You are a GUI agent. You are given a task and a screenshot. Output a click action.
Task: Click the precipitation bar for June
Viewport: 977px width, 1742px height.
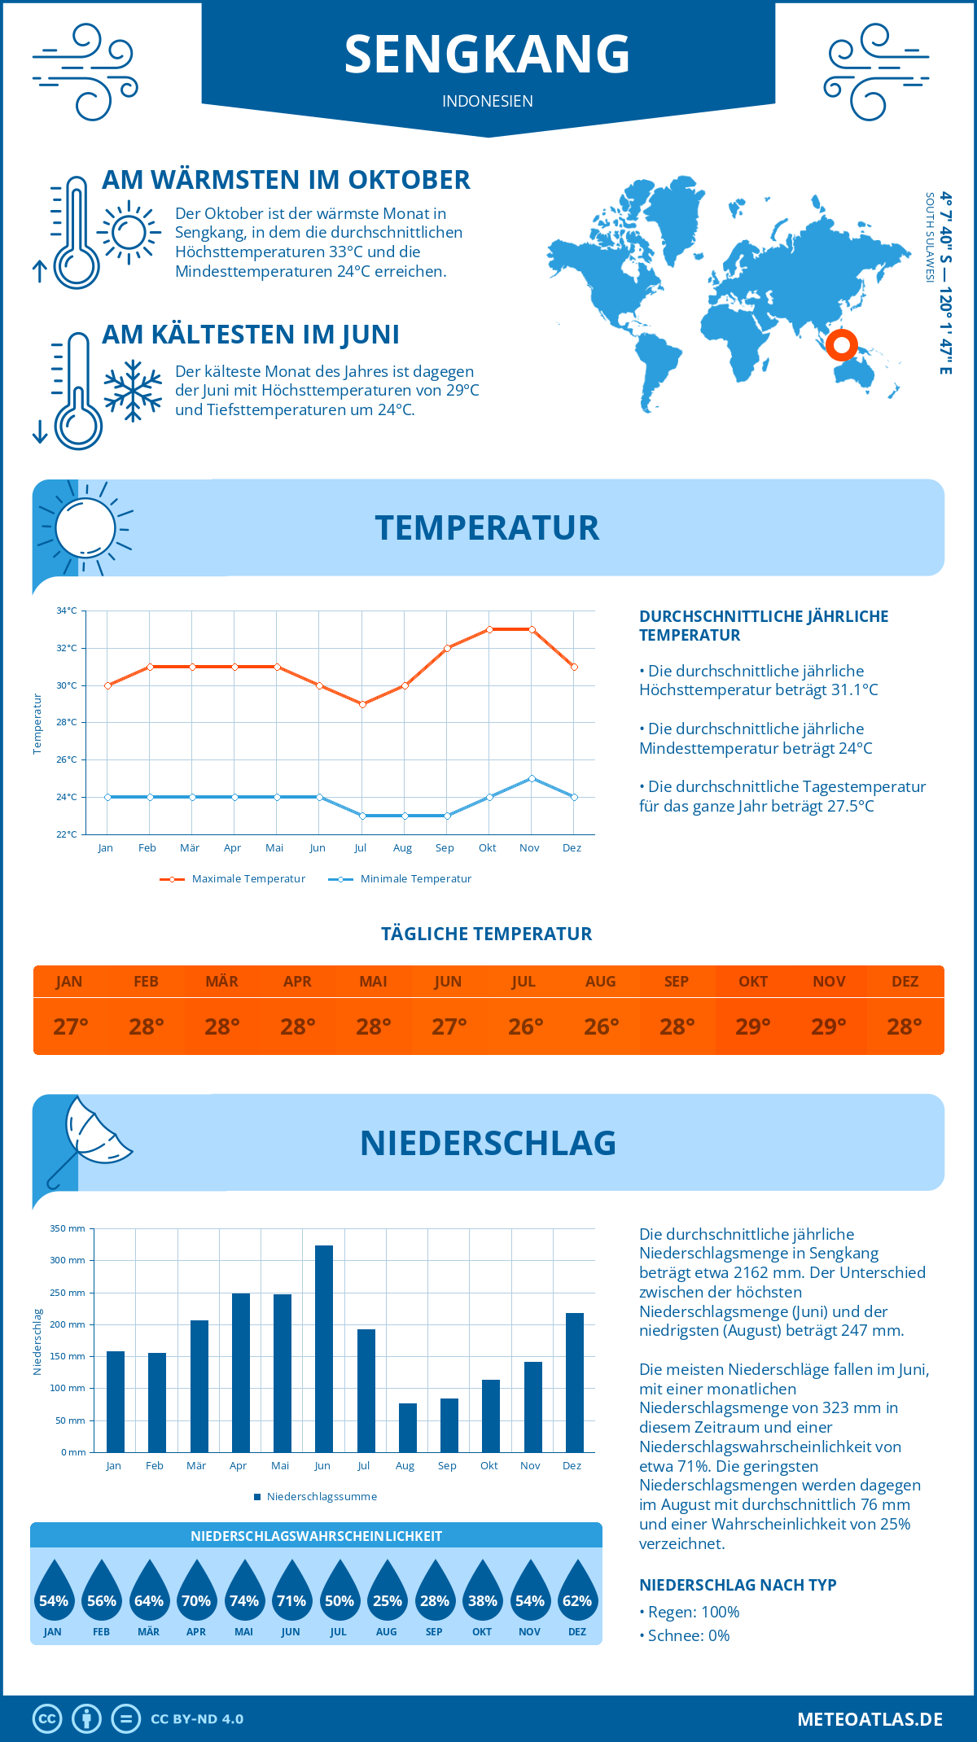323,1349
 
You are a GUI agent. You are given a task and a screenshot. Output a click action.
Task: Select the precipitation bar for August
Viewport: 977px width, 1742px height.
407,1428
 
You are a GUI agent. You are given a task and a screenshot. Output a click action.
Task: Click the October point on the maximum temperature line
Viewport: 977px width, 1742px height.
489,629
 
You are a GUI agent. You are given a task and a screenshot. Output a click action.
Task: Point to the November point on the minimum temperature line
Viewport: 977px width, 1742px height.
532,778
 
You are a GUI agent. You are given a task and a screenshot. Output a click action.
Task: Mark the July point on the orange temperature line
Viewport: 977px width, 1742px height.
362,704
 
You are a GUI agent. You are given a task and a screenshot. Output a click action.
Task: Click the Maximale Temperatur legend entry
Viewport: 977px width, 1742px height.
233,879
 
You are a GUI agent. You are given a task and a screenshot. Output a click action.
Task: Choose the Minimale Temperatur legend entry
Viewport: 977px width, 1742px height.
401,879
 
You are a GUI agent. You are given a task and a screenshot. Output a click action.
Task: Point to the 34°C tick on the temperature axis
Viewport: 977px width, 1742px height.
67,611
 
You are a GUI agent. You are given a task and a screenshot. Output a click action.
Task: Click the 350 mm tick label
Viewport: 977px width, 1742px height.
68,1228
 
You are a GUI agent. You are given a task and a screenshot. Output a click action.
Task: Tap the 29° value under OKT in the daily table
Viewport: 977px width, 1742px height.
752,1026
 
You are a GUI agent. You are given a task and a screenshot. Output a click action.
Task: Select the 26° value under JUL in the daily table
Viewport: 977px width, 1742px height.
525,1026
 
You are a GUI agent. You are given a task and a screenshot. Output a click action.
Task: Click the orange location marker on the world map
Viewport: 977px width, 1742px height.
841,345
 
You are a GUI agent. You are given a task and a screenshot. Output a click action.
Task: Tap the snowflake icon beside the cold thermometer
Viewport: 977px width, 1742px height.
133,391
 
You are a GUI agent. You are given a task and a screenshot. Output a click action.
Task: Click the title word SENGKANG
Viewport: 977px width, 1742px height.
487,54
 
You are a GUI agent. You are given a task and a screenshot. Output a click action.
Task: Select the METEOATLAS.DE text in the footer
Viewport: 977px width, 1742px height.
870,1719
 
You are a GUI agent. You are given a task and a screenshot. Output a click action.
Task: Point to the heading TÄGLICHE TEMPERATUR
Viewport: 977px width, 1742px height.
486,934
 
